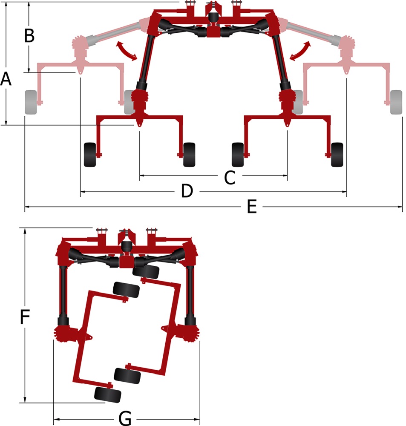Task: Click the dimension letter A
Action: pyautogui.click(x=6, y=79)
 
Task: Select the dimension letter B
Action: pyautogui.click(x=29, y=35)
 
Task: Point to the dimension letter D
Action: pyautogui.click(x=187, y=191)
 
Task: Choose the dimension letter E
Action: pyautogui.click(x=252, y=207)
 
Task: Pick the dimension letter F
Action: pyautogui.click(x=25, y=317)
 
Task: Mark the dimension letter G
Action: pyautogui.click(x=125, y=418)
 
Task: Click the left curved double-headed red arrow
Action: pyautogui.click(x=127, y=51)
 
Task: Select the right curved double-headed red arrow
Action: pyautogui.click(x=300, y=51)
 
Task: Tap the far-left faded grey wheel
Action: pyautogui.click(x=31, y=102)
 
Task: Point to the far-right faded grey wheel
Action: pyautogui.click(x=396, y=102)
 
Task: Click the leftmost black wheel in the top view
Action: pyautogui.click(x=90, y=155)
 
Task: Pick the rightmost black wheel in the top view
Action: pyautogui.click(x=337, y=155)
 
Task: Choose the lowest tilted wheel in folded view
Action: pyautogui.click(x=108, y=395)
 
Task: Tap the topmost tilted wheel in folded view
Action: pyautogui.click(x=146, y=272)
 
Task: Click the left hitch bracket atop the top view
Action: pyautogui.click(x=190, y=8)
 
